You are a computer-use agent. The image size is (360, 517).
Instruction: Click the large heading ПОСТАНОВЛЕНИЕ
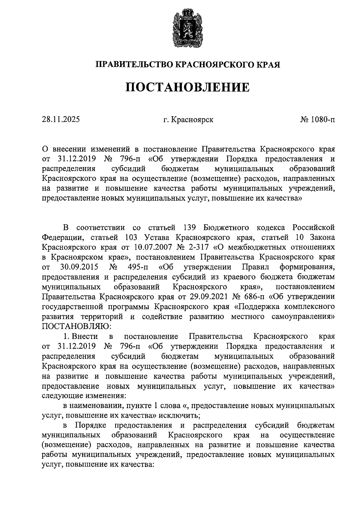[187, 87]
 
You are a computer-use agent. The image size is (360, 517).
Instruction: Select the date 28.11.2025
[61, 120]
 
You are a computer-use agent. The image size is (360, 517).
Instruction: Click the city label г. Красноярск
[188, 120]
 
